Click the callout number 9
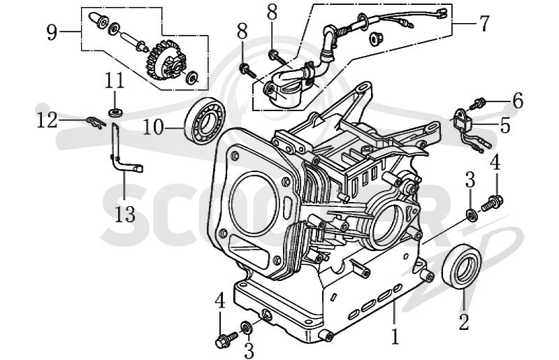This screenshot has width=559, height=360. [x=52, y=33]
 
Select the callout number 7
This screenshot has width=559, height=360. [x=484, y=24]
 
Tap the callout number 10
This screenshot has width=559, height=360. [x=154, y=127]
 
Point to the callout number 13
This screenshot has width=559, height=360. [x=125, y=215]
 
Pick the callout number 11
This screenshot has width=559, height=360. [x=115, y=81]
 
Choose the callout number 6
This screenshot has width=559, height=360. [x=518, y=100]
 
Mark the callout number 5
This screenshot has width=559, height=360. [x=505, y=126]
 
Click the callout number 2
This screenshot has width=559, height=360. [x=463, y=322]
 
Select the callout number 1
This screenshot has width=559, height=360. [x=395, y=336]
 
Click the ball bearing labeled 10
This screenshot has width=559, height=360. [x=205, y=121]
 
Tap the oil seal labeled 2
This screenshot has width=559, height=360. [x=462, y=266]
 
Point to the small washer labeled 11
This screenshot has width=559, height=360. [x=115, y=113]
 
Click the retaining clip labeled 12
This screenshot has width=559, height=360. [x=96, y=122]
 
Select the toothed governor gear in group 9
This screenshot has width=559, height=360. [x=166, y=59]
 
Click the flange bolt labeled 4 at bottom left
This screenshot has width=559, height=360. [x=226, y=339]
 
